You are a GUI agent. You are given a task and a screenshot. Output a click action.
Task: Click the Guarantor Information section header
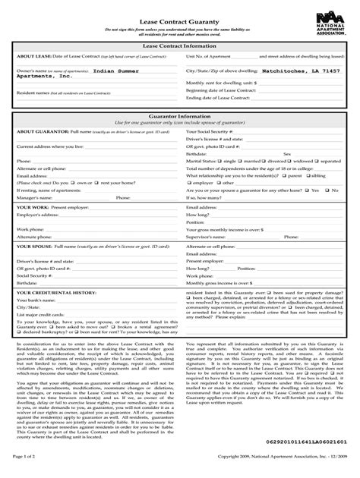[x=179, y=116]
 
